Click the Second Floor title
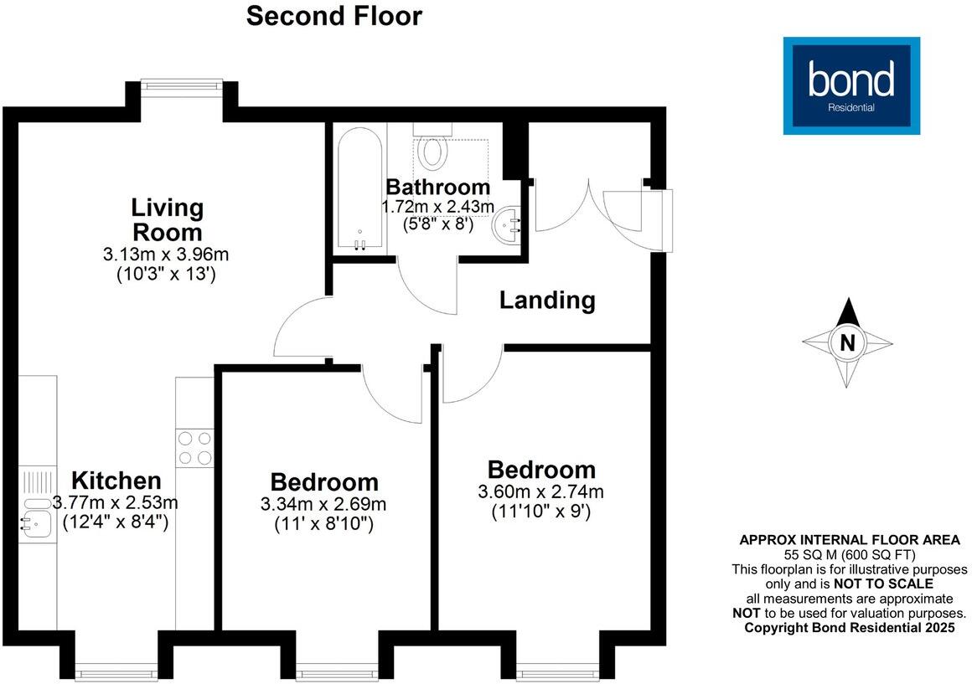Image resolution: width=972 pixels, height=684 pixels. click(333, 16)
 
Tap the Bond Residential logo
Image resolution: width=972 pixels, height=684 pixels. click(850, 85)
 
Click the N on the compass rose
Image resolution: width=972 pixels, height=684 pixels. click(847, 342)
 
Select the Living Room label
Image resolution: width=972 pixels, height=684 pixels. click(167, 219)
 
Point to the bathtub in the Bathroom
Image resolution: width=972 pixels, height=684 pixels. click(360, 190)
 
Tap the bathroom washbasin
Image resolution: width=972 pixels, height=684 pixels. click(507, 224)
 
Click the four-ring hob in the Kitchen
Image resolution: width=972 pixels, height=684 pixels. click(194, 447)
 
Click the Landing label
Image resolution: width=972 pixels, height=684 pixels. click(547, 300)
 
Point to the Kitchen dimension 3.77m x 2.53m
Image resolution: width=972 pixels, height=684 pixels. click(116, 503)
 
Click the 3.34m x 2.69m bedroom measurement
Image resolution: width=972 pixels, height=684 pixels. click(323, 505)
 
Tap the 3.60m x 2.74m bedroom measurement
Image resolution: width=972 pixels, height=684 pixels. click(541, 491)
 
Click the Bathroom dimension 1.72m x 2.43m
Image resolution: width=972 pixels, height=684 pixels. click(438, 206)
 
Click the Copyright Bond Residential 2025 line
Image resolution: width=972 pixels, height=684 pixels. click(849, 627)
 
